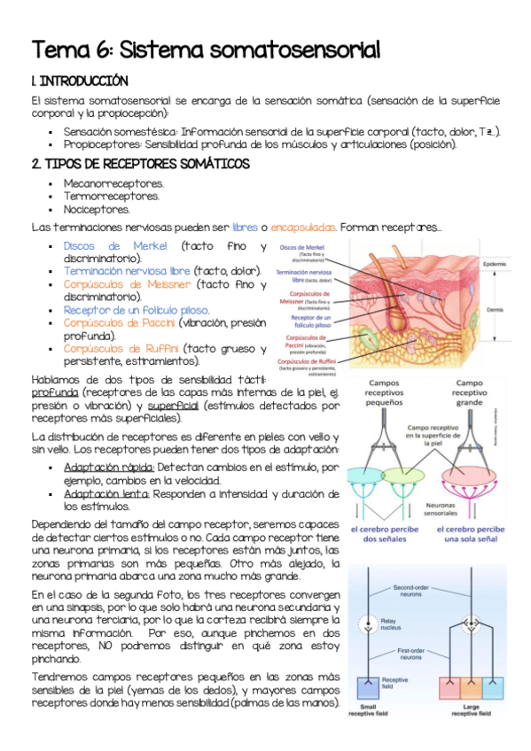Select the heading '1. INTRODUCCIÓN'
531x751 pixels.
tap(80, 81)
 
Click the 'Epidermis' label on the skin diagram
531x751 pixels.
tap(495, 264)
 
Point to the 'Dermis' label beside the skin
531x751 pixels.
tap(496, 310)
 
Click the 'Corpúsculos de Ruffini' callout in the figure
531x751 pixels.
tap(305, 365)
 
